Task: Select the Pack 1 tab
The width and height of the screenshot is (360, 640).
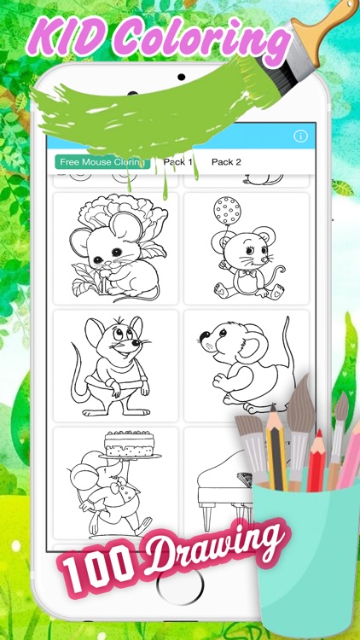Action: click(177, 161)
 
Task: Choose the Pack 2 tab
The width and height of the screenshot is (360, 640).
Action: click(226, 161)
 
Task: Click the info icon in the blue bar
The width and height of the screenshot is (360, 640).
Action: click(299, 137)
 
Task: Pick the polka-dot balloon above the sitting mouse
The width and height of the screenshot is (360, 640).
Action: click(227, 209)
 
